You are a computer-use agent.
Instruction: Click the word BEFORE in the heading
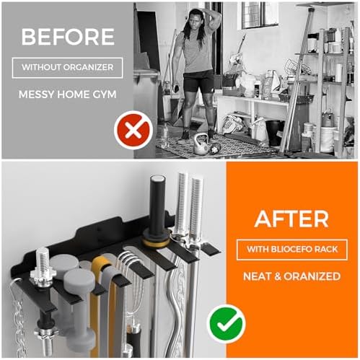tap(66, 37)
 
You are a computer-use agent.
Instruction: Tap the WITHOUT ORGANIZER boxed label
tap(66, 68)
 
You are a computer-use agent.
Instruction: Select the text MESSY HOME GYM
tap(66, 93)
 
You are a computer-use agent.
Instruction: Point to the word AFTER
tap(291, 219)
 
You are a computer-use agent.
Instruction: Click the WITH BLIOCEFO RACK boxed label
tap(291, 250)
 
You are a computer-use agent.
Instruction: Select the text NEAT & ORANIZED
tap(291, 276)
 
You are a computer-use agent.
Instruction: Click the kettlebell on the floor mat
tap(201, 144)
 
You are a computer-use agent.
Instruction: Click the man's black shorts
tap(198, 80)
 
